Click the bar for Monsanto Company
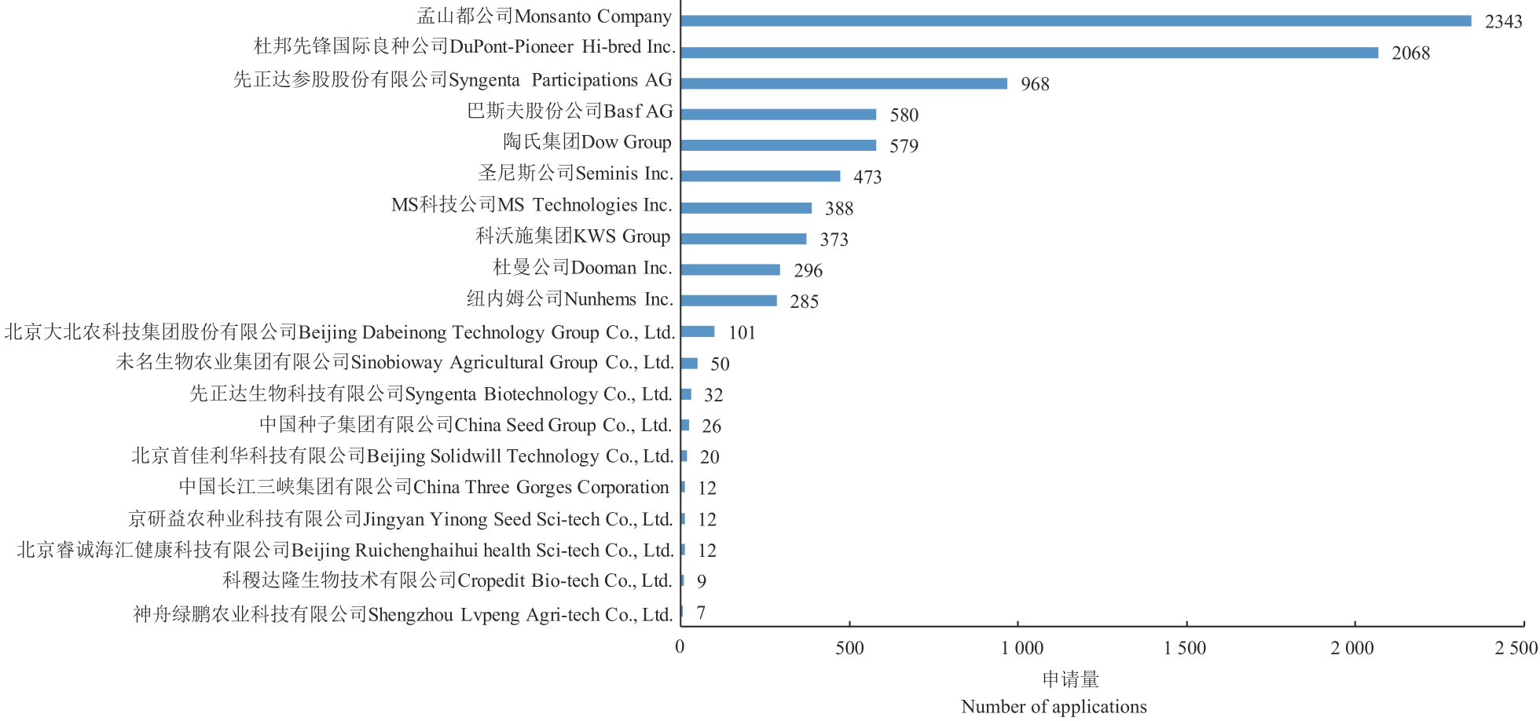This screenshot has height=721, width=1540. pos(1076,21)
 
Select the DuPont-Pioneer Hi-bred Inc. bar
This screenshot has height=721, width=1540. pos(1029,53)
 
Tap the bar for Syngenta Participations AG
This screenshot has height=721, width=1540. pos(844,83)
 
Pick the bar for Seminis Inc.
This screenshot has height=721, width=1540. pos(761,176)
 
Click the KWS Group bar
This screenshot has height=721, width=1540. pos(743,239)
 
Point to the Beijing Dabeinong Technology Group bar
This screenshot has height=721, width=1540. pos(698,331)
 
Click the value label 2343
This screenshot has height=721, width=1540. pos(1503,22)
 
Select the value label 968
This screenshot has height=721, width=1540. pos(1035,84)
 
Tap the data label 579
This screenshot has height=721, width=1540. pos(904,146)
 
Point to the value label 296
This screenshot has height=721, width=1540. pos(808,271)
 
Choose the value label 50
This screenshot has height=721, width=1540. pos(720,364)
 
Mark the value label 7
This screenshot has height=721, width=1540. pos(701,613)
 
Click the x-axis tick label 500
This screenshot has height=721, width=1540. pos(849,648)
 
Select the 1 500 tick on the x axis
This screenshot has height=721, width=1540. pos(1185,648)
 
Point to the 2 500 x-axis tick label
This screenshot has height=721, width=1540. pos(1516,648)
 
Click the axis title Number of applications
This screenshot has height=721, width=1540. pos(1054,707)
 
